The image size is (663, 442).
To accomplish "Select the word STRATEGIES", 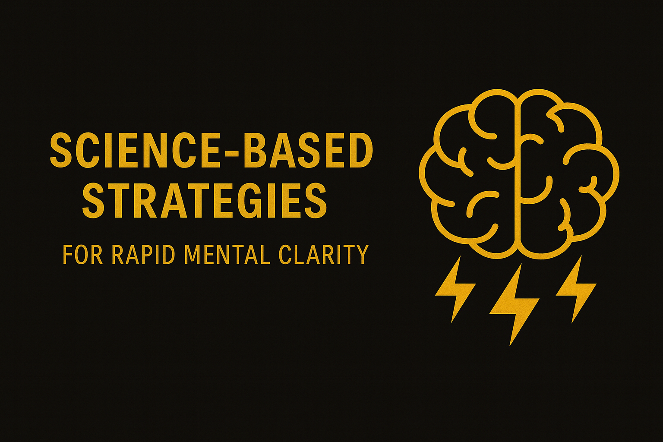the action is [x=204, y=201].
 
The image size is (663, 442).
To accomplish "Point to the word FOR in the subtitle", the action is [x=82, y=255].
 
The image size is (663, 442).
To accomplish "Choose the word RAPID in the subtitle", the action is [x=143, y=255].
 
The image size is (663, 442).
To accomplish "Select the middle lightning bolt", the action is [x=514, y=304].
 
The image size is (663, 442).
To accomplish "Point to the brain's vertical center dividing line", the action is [x=519, y=173].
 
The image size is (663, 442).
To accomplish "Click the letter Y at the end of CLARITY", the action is [x=362, y=255].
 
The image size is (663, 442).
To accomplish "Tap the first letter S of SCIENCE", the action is [x=60, y=150].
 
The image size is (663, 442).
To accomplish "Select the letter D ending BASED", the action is [x=361, y=150].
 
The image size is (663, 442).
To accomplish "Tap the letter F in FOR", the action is [x=67, y=255].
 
